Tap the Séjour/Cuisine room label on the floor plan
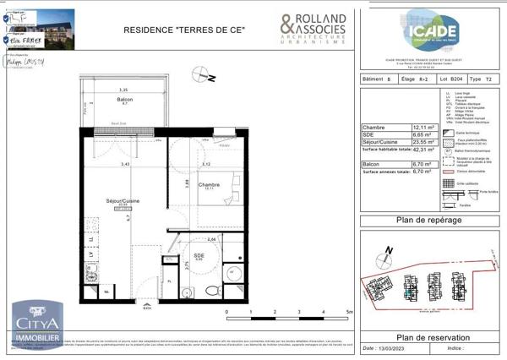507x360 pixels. [120, 200]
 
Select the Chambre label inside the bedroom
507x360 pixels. [209, 185]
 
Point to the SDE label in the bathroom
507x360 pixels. [199, 255]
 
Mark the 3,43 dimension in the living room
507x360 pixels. [125, 164]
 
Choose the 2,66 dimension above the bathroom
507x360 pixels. [213, 239]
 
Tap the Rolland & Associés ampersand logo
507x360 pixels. [287, 25]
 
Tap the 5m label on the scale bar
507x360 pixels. [349, 312]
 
